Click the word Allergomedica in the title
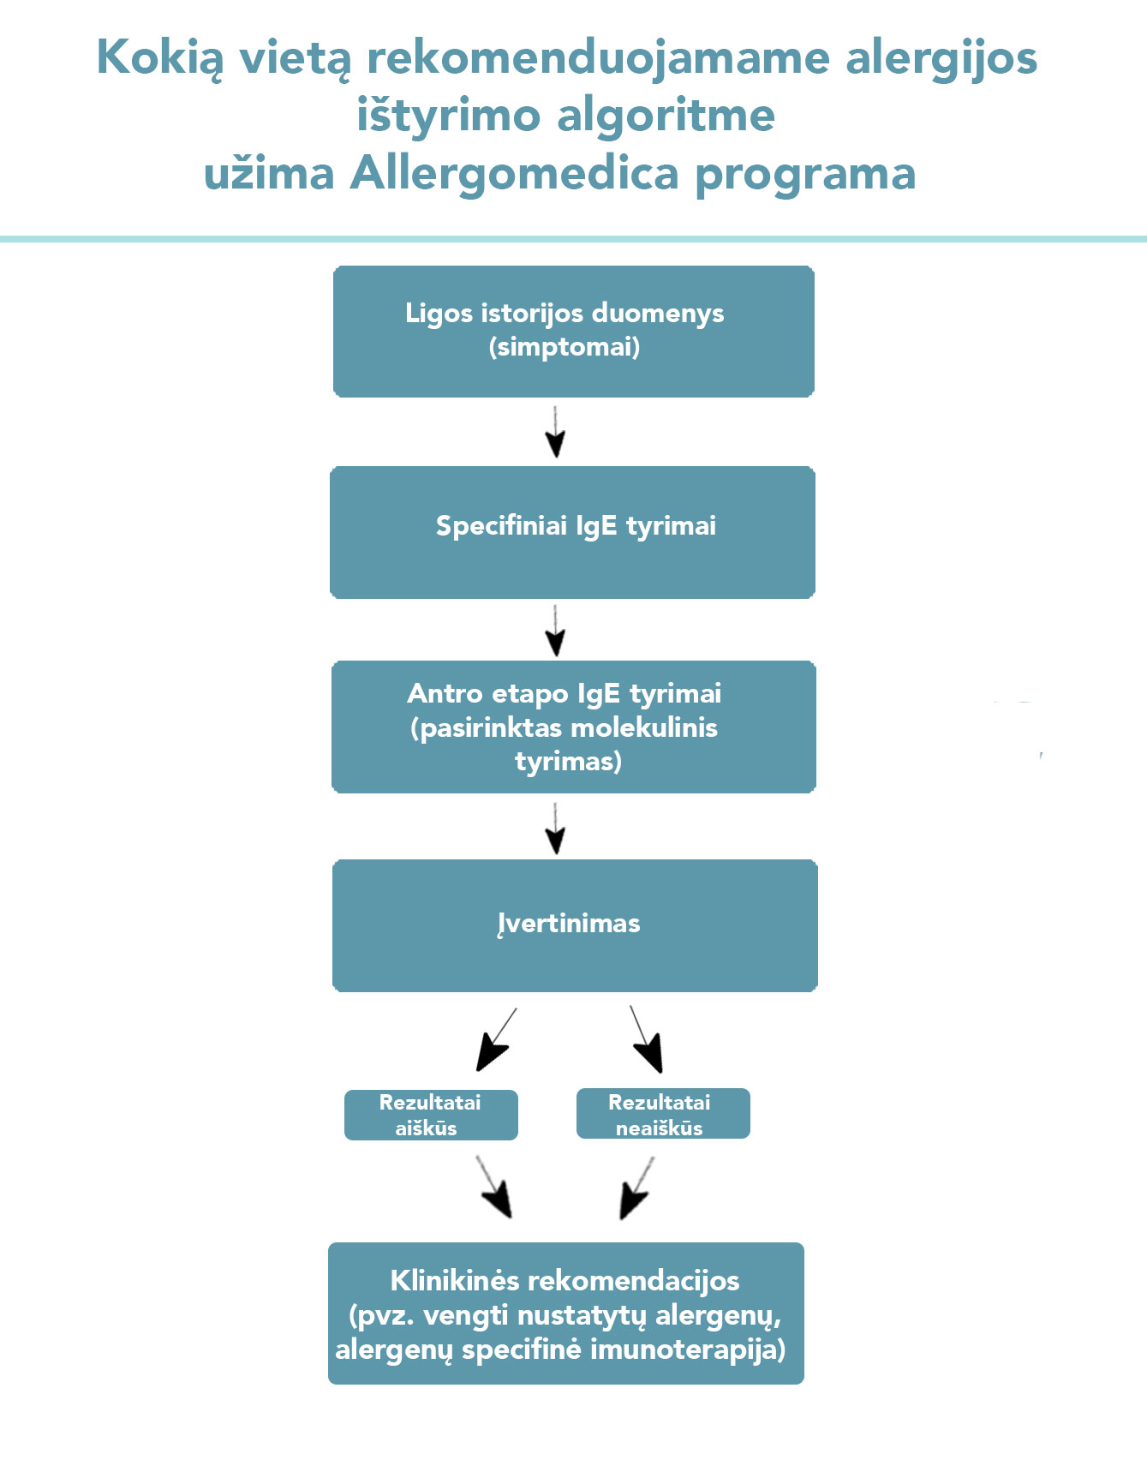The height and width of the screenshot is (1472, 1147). pyautogui.click(x=514, y=174)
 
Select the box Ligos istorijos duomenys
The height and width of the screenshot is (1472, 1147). pyautogui.click(x=573, y=332)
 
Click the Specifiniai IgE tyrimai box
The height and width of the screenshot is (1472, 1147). pyautogui.click(x=572, y=532)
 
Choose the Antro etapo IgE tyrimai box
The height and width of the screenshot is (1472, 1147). pyautogui.click(x=573, y=727)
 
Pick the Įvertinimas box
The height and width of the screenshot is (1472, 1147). pyautogui.click(x=575, y=925)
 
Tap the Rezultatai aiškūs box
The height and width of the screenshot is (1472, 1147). pyautogui.click(x=431, y=1115)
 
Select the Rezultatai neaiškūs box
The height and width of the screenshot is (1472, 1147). pyautogui.click(x=663, y=1113)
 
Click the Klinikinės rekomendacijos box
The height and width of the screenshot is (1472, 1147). pyautogui.click(x=566, y=1313)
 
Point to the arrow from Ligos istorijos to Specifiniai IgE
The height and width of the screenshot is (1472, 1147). pyautogui.click(x=555, y=432)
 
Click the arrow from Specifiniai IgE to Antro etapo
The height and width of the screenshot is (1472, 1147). pyautogui.click(x=555, y=631)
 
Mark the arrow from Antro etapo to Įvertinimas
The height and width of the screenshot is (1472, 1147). pyautogui.click(x=555, y=829)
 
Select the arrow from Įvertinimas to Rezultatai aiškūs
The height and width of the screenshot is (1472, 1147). pyautogui.click(x=496, y=1039)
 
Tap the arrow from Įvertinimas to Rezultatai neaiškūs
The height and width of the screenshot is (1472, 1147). pyautogui.click(x=647, y=1039)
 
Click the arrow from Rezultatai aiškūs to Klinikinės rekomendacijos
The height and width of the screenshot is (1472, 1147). pyautogui.click(x=494, y=1187)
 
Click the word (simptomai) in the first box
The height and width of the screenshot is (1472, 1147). pyautogui.click(x=565, y=347)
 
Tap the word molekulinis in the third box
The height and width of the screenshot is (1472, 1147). pyautogui.click(x=644, y=727)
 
